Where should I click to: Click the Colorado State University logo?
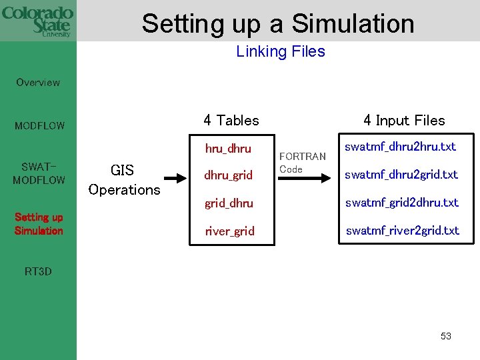(x=38, y=21)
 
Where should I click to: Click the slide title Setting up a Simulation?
(x=278, y=23)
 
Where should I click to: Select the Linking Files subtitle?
(x=280, y=51)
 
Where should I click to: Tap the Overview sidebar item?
(x=38, y=83)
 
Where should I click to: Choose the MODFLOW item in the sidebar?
(x=40, y=125)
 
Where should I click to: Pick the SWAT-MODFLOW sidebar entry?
(x=39, y=173)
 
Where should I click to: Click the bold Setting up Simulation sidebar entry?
(x=39, y=224)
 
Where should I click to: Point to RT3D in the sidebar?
(x=38, y=271)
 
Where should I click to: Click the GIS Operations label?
(x=124, y=181)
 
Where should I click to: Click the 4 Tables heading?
(x=231, y=121)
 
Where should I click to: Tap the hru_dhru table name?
(x=229, y=148)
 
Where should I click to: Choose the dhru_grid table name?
(x=229, y=175)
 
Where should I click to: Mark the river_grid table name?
(x=229, y=231)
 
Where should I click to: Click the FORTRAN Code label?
(x=302, y=163)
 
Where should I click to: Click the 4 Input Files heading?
(x=404, y=121)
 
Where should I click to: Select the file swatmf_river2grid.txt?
(x=402, y=231)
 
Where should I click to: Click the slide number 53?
(x=445, y=336)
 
